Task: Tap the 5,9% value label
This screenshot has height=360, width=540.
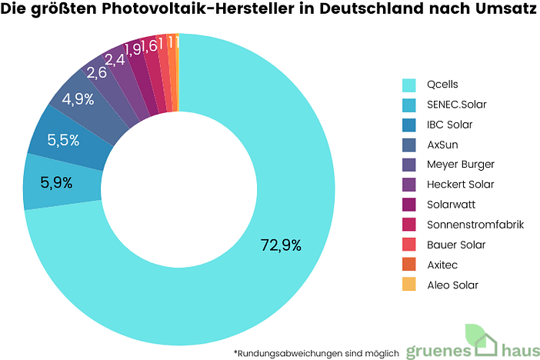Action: pos(56,183)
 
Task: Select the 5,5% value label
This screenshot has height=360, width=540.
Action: pos(63,140)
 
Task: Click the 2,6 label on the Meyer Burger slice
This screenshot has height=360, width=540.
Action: pos(96,73)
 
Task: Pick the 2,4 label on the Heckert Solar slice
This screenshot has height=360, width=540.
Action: pos(115,59)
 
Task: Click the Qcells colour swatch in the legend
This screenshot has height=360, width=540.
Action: pos(409,85)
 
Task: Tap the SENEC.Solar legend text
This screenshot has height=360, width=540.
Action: pos(456,105)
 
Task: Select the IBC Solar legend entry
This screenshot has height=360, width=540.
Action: pos(449,125)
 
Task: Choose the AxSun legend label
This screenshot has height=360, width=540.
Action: pos(443,145)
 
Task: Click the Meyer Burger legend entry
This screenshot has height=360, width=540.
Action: pos(460,165)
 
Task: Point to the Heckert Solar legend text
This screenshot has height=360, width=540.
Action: pos(460,185)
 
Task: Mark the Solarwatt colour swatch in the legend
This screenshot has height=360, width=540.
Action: pos(409,205)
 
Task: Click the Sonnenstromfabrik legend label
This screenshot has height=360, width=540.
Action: pos(475,225)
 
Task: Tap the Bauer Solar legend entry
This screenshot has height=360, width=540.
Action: pos(455,245)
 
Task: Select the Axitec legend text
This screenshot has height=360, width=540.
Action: pos(442,265)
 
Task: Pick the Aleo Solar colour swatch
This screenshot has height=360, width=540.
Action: pos(409,285)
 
